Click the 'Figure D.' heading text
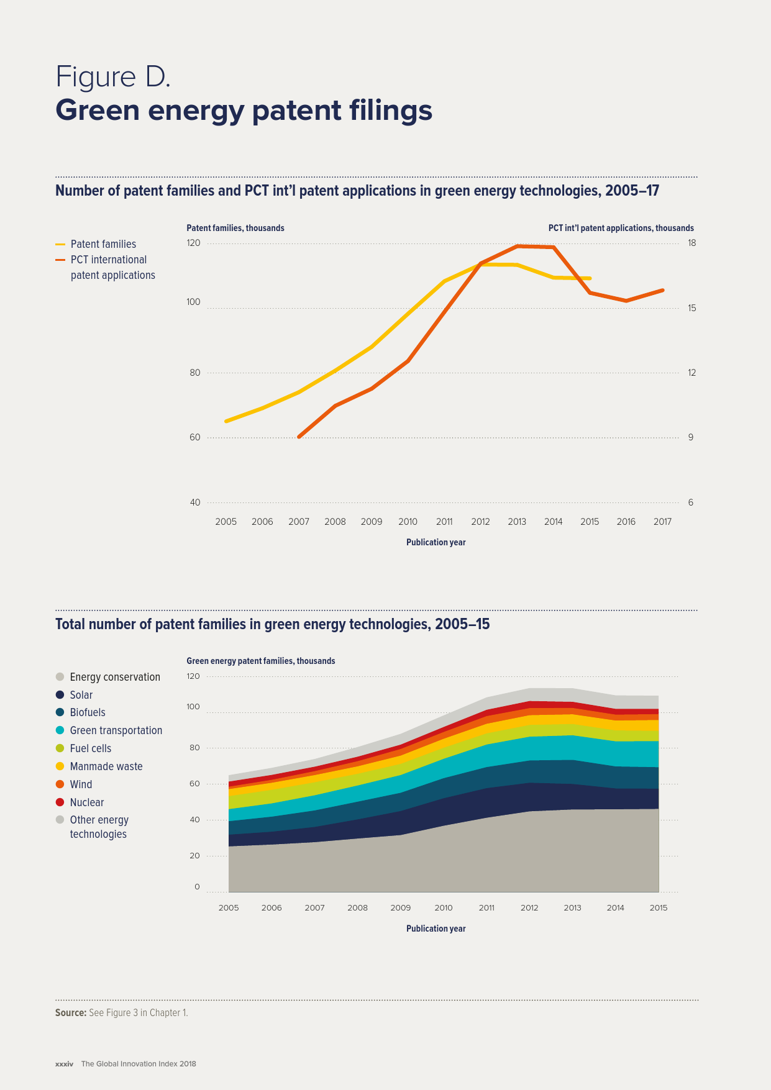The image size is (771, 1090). tap(113, 77)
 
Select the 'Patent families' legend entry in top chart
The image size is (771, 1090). tap(103, 244)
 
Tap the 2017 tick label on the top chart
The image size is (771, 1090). tap(662, 522)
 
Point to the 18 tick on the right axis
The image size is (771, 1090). tap(691, 243)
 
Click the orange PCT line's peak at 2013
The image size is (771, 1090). tap(517, 246)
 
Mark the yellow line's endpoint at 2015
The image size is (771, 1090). tap(590, 278)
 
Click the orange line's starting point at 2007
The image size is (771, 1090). tap(299, 437)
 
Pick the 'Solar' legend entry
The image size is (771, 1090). tap(81, 695)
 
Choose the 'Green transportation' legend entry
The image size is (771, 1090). tap(116, 730)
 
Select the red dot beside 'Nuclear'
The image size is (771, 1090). tap(60, 802)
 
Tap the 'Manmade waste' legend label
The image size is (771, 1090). tap(106, 766)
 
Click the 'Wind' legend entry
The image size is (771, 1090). tap(81, 784)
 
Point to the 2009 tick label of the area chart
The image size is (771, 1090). tap(401, 908)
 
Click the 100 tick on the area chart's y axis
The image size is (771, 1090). tap(193, 707)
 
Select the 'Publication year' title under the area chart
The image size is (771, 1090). tap(436, 929)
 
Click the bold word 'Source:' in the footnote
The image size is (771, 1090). tap(70, 1013)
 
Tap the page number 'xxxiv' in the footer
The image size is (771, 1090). tap(64, 1064)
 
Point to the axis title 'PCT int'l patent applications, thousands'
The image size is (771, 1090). tap(621, 228)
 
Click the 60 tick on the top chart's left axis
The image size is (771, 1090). tap(195, 437)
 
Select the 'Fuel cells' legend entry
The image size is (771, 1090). tap(90, 748)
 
